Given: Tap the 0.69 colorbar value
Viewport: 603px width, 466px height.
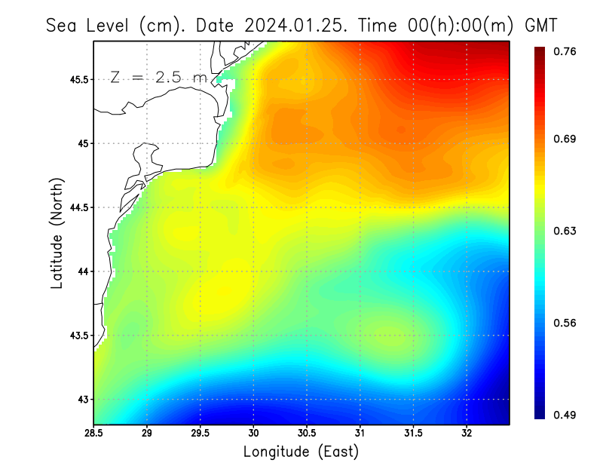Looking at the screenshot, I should (x=566, y=139).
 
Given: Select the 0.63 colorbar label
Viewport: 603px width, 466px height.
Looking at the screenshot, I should (x=566, y=231).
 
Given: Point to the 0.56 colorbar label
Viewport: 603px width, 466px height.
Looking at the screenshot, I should (x=566, y=323).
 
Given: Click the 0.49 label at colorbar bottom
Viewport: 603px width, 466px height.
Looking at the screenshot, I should (x=566, y=415).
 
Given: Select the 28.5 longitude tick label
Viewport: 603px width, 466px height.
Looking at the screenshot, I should (x=94, y=434).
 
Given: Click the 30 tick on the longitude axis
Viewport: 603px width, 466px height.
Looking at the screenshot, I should (x=253, y=434).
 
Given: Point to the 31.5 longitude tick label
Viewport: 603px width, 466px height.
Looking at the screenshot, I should (x=414, y=434).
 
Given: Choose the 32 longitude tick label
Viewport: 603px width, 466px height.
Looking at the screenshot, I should (x=467, y=434).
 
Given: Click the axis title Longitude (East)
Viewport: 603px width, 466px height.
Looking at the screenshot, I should (x=301, y=452).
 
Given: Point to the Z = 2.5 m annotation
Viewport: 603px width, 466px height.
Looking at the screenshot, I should (x=157, y=77).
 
